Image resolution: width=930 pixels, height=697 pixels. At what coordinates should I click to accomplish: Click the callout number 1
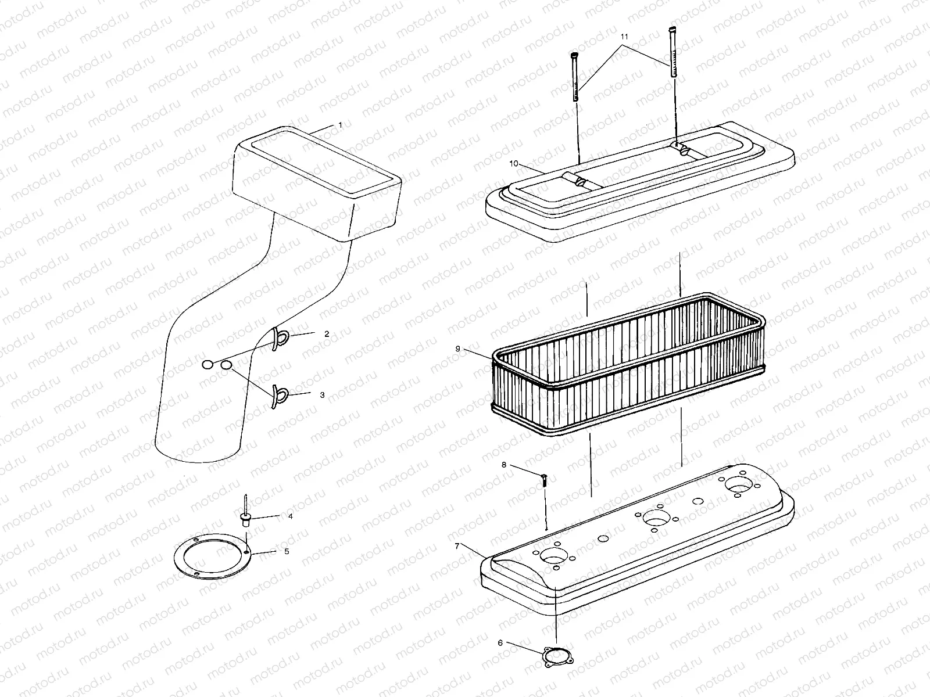point(340,125)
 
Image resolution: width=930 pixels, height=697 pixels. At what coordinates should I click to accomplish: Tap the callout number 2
point(327,334)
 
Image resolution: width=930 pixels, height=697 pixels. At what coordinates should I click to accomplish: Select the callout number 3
point(322,395)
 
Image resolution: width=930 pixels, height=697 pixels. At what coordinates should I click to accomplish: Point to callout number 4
point(290,516)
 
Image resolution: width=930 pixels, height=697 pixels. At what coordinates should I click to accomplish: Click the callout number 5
point(286,551)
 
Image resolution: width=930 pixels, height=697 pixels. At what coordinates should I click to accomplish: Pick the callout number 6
point(500,643)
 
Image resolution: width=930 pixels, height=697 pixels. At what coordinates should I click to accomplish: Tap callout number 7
point(457,547)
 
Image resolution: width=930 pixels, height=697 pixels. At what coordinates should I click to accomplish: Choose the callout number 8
point(504,465)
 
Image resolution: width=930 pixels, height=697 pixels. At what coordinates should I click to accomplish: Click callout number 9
point(457,348)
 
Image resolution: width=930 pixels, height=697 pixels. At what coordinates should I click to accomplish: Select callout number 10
point(514,164)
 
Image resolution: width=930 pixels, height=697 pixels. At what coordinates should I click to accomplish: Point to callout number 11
point(625,36)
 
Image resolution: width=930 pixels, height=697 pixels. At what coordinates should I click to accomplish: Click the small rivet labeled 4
point(246,514)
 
